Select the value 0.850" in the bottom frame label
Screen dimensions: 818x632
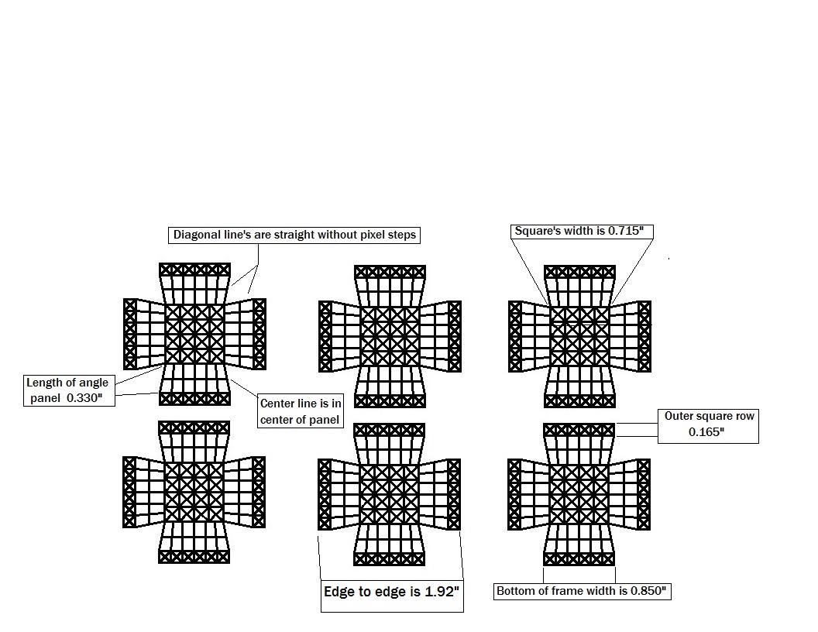pos(648,591)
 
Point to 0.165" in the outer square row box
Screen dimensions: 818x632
pos(706,431)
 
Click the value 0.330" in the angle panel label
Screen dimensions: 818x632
pos(84,398)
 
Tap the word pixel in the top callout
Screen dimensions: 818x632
pos(372,235)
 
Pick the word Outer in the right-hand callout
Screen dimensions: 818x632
pos(678,416)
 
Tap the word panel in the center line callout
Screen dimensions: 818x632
pos(326,420)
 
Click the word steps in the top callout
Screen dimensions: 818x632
pos(401,235)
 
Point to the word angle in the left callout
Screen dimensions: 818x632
pos(94,383)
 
